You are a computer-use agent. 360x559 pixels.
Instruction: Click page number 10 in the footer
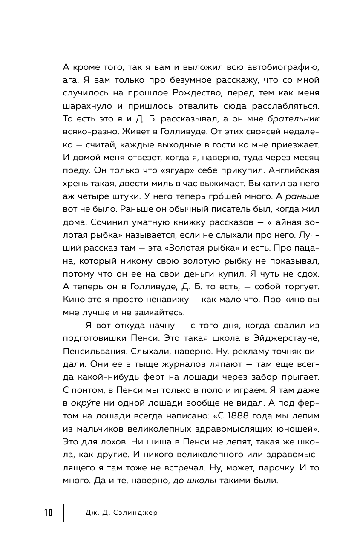pyautogui.click(x=48, y=513)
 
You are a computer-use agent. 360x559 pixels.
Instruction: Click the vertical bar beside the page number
pyautogui.click(x=64, y=513)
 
